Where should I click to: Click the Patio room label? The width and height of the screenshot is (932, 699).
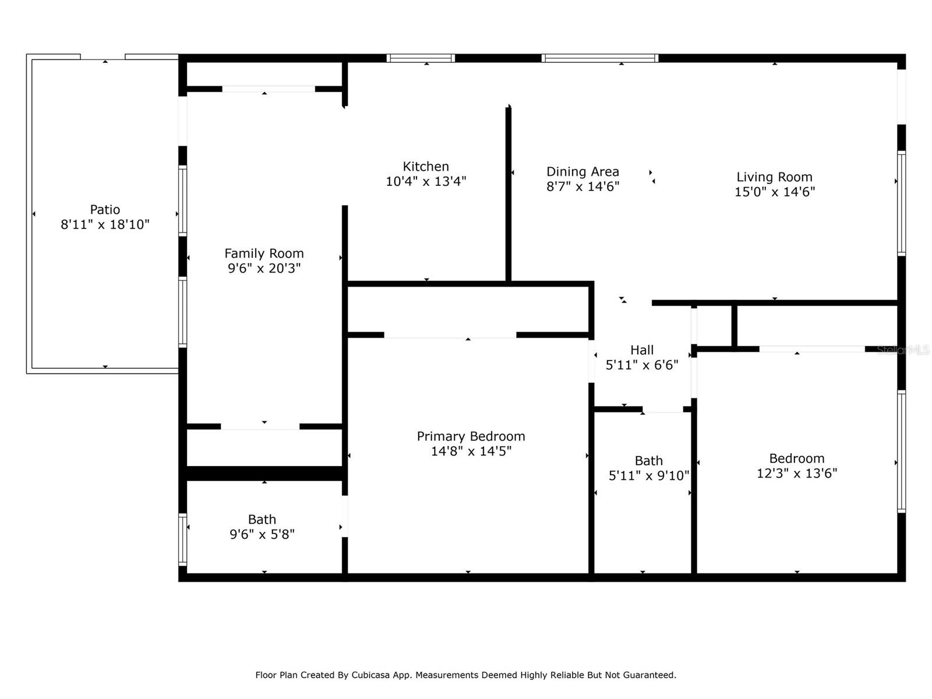coord(105,209)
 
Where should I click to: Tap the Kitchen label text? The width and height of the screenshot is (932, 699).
coord(426,167)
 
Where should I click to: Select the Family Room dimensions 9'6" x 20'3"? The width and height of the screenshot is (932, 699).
coord(264,268)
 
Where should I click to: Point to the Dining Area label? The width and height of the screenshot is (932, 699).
coord(582,171)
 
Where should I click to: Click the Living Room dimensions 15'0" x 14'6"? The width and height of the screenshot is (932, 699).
coord(775,192)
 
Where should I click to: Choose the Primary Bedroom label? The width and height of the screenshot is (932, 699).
coord(471,436)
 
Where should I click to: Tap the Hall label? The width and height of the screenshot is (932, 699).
coord(642,350)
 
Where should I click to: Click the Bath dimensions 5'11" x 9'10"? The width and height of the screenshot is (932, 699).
coord(649,475)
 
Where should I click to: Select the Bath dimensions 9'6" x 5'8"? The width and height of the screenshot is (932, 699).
coord(262,534)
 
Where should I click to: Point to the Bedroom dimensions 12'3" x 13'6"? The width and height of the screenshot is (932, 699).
coord(797,473)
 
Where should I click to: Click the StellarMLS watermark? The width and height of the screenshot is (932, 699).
coord(903,350)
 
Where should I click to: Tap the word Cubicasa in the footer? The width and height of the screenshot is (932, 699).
coord(370,675)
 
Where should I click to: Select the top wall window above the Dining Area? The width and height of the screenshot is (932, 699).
coord(600,58)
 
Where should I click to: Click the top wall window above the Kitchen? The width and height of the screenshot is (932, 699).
coord(421,58)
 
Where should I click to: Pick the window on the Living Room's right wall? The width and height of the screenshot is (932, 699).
coord(902,204)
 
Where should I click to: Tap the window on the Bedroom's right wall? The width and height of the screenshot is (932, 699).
coord(902,451)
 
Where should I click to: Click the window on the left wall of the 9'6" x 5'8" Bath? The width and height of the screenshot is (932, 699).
coord(182,539)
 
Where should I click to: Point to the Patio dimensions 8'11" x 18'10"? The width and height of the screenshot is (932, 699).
coord(105,224)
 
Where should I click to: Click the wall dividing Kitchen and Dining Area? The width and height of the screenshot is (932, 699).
coord(509,194)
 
